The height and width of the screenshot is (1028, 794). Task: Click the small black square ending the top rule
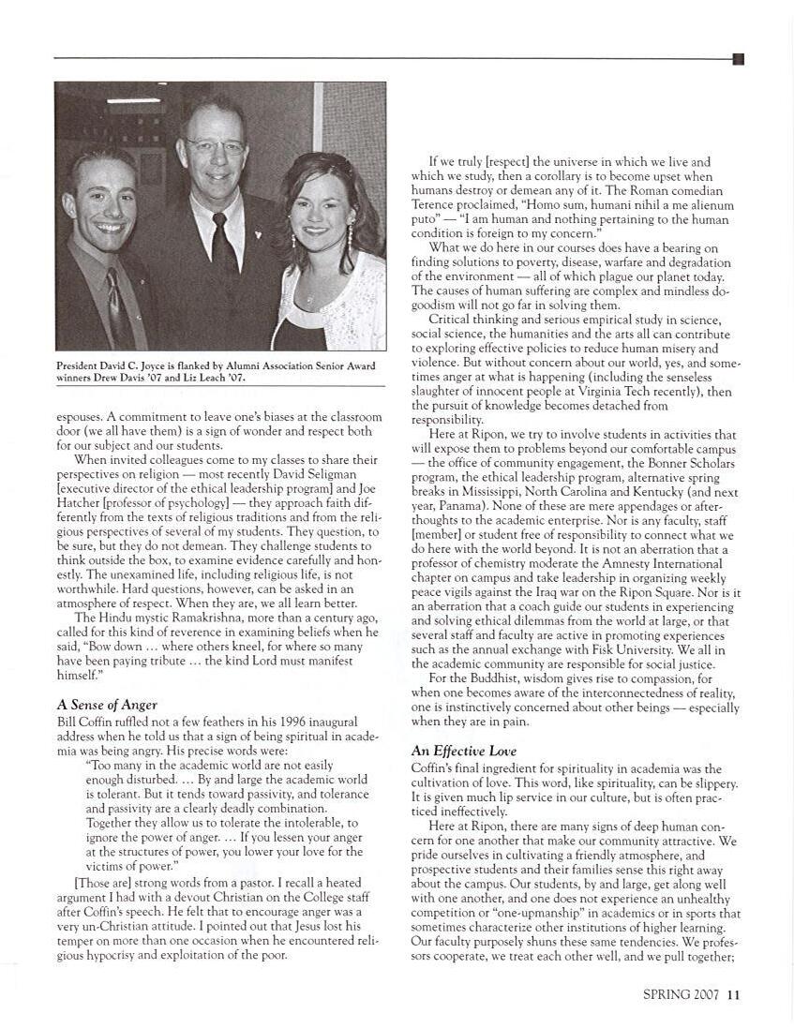[738, 59]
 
